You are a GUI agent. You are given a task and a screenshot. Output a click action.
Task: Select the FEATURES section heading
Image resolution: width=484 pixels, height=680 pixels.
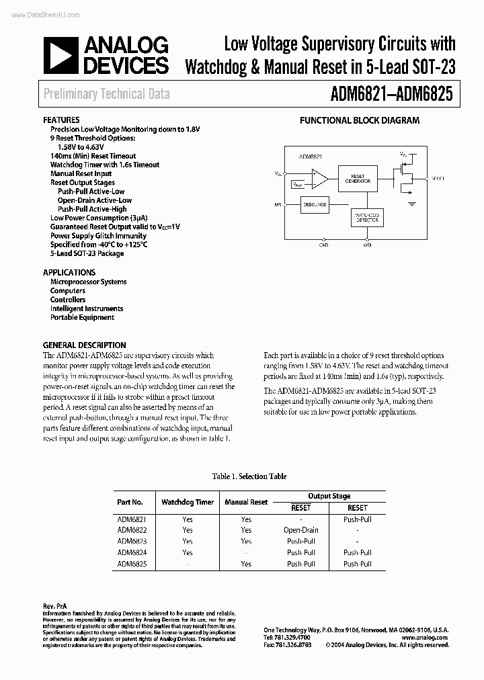[x=61, y=120]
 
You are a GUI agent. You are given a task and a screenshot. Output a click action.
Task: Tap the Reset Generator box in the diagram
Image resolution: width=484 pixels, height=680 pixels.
[x=358, y=178]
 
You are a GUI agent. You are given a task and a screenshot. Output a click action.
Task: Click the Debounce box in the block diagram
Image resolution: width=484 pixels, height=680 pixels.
[x=314, y=204]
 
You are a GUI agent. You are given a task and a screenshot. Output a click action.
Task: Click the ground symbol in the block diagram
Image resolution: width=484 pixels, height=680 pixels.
[x=412, y=200]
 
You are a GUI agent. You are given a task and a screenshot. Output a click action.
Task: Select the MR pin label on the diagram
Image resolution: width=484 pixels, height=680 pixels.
[x=277, y=204]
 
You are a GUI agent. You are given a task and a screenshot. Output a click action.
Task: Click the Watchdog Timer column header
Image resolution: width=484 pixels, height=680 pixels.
[x=188, y=502]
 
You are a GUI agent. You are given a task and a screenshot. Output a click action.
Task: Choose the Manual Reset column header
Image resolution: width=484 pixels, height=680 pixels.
[x=246, y=502]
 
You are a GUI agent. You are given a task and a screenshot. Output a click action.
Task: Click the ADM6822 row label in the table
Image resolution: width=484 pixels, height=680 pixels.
[x=132, y=530]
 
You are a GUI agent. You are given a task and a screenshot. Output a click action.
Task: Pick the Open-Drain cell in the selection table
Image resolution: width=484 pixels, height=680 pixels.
[x=300, y=530]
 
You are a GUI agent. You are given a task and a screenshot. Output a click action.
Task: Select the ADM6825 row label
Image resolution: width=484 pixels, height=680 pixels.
[x=132, y=564]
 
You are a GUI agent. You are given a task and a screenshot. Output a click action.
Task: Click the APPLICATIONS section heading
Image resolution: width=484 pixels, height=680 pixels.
[x=69, y=273]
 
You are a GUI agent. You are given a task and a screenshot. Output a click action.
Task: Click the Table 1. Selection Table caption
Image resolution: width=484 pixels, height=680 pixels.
[x=249, y=476]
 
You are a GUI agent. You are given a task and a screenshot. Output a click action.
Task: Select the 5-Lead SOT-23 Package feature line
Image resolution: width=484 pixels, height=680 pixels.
[x=87, y=253]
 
